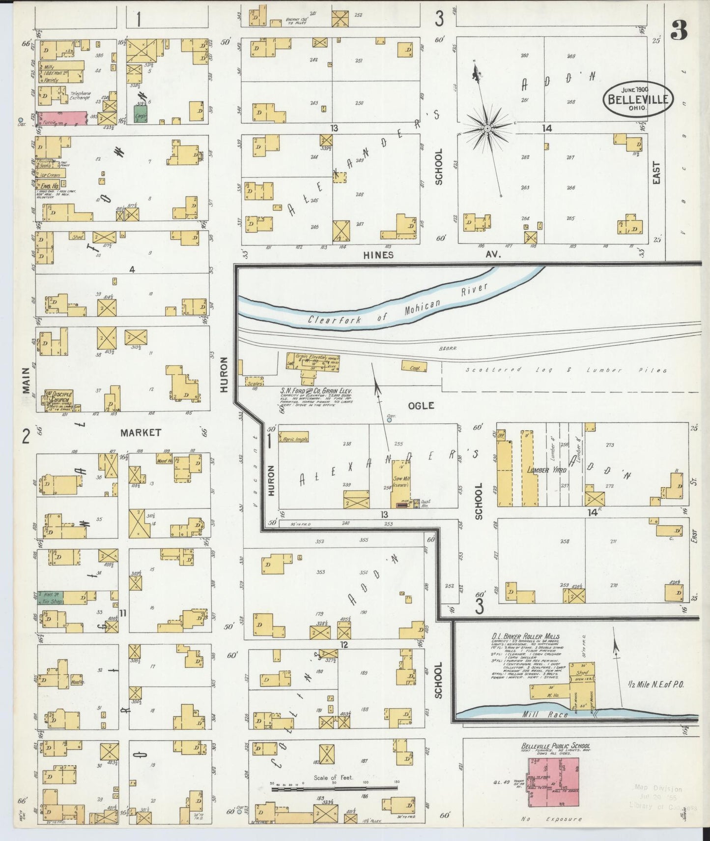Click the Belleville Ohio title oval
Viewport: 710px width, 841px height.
pyautogui.click(x=638, y=98)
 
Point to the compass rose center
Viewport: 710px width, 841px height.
pyautogui.click(x=487, y=129)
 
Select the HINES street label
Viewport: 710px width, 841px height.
pyautogui.click(x=378, y=255)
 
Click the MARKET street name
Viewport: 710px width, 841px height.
pyautogui.click(x=141, y=432)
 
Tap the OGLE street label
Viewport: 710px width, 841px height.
pyautogui.click(x=421, y=405)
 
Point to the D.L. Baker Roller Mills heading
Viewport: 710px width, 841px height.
pyautogui.click(x=525, y=636)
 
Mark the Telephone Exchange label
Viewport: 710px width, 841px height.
pyautogui.click(x=80, y=95)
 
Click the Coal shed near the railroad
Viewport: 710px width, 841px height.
pyautogui.click(x=414, y=366)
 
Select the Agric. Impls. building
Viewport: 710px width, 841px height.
pyautogui.click(x=294, y=437)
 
